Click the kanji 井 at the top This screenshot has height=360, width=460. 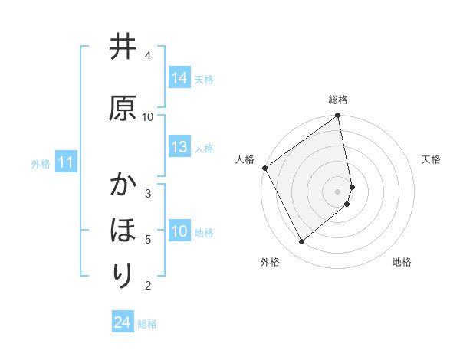tap(123, 48)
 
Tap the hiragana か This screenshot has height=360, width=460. tap(123, 186)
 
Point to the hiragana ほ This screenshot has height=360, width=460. tap(123, 231)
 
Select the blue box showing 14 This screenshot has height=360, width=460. tap(179, 78)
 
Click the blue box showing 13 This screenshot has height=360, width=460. tap(179, 147)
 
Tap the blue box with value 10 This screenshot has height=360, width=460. tap(179, 231)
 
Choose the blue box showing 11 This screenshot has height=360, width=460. tap(65, 162)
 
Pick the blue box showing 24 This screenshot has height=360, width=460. tap(122, 323)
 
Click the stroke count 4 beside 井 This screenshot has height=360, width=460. tap(148, 56)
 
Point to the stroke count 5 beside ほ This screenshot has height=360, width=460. tap(148, 240)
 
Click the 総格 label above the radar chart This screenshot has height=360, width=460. tap(338, 100)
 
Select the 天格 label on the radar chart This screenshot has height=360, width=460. tap(431, 159)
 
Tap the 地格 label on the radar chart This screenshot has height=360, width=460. tap(402, 262)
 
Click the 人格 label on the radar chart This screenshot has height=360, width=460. tap(245, 159)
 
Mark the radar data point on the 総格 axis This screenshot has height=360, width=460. tap(338, 116)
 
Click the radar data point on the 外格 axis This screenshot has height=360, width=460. tap(302, 241)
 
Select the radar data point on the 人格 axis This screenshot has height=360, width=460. tap(264, 168)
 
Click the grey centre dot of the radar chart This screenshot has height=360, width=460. tap(338, 191)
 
